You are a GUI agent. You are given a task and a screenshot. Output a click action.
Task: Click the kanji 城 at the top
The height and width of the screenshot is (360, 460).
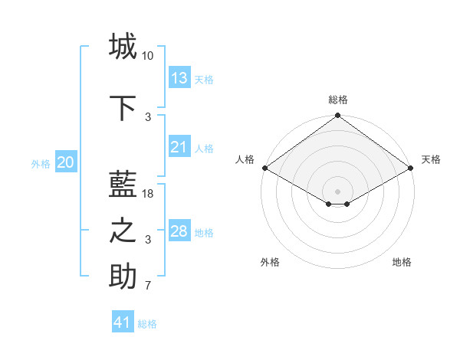click(x=123, y=46)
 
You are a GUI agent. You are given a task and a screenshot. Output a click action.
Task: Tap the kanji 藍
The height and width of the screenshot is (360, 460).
click(x=123, y=185)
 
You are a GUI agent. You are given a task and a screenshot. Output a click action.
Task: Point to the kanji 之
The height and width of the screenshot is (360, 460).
click(x=123, y=231)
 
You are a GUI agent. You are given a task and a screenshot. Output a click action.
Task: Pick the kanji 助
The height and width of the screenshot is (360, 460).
click(x=123, y=277)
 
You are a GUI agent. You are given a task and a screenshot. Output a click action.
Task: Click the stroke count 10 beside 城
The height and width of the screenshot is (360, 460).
click(x=148, y=56)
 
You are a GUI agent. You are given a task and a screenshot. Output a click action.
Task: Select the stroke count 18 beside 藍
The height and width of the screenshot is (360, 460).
click(x=148, y=194)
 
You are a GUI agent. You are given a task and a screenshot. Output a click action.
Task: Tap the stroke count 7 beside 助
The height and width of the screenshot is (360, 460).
click(x=148, y=286)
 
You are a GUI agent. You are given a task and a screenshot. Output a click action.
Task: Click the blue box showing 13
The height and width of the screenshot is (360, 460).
click(x=179, y=77)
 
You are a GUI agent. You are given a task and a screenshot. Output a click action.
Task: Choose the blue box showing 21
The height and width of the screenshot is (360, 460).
click(x=179, y=147)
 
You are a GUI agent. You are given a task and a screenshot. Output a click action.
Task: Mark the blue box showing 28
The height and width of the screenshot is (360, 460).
click(x=179, y=231)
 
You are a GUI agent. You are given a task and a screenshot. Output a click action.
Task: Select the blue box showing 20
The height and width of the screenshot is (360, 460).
click(x=66, y=162)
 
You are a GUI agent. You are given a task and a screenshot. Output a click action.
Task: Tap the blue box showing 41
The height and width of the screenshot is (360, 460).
click(x=123, y=322)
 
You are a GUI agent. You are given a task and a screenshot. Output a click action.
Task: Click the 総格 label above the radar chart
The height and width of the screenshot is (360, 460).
click(x=337, y=100)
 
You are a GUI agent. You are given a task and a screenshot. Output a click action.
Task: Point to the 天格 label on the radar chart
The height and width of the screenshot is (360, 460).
click(x=431, y=159)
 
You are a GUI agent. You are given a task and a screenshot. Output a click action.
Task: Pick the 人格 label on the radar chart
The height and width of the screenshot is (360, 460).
click(x=245, y=159)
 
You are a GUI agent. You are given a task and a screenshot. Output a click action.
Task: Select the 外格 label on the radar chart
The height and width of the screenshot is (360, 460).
click(x=270, y=262)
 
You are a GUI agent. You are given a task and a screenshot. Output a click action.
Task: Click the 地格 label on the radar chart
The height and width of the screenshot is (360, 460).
click(x=402, y=262)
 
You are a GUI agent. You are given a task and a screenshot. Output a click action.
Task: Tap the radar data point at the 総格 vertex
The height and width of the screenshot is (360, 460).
click(x=337, y=116)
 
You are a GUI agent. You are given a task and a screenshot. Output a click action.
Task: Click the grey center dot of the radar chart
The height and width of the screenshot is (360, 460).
click(x=337, y=190)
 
